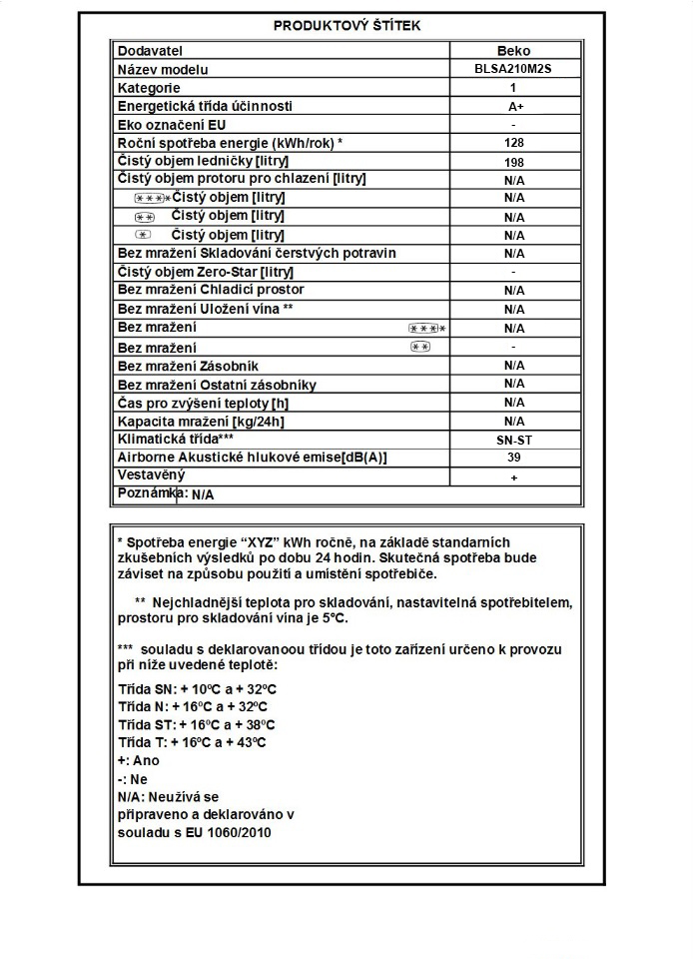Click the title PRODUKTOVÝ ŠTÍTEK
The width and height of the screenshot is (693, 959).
tap(346, 26)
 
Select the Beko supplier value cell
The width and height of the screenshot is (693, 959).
tap(514, 51)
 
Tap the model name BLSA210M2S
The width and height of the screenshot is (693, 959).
tap(514, 70)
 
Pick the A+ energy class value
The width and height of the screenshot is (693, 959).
tap(514, 107)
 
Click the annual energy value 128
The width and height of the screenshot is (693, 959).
tap(514, 143)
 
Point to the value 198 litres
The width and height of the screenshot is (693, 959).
tap(514, 162)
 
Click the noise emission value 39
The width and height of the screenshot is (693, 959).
tap(514, 458)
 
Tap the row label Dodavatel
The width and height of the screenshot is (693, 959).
tap(151, 51)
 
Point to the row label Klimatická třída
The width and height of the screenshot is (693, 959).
tap(176, 439)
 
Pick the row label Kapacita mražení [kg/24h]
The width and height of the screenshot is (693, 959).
tap(201, 421)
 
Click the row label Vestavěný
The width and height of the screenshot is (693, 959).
tap(151, 476)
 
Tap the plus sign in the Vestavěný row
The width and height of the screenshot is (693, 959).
tap(514, 478)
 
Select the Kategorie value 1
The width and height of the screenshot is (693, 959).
tap(514, 88)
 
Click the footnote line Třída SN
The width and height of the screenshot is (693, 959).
tap(197, 689)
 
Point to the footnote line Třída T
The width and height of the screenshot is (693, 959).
tap(192, 743)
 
